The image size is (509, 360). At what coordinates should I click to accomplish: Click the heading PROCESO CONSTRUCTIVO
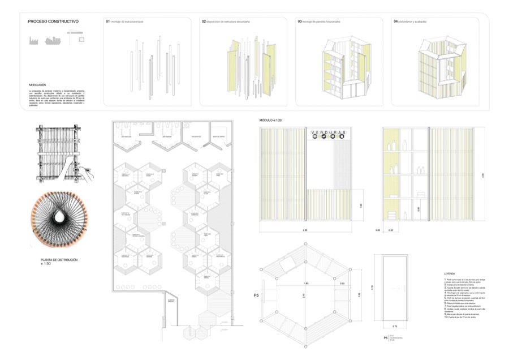click(53, 22)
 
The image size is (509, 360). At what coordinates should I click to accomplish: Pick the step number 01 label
click(107, 22)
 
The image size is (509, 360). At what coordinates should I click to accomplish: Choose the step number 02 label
click(203, 22)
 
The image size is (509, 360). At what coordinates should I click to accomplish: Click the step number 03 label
click(299, 22)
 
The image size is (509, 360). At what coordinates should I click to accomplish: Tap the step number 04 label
click(395, 22)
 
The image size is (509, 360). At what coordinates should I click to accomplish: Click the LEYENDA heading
click(450, 273)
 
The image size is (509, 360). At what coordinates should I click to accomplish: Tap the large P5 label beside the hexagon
click(257, 295)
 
